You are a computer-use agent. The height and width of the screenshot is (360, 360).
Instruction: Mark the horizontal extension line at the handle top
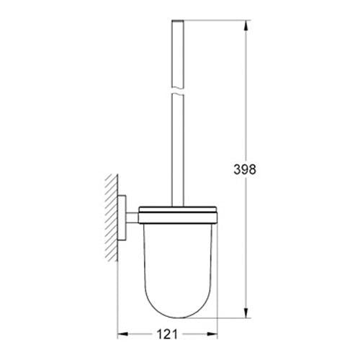click(216, 22)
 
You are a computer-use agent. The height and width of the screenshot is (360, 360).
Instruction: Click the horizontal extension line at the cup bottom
click(216, 318)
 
